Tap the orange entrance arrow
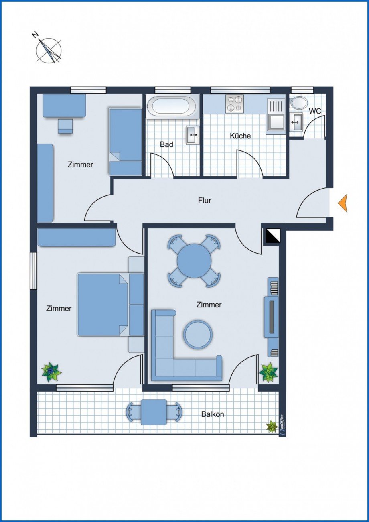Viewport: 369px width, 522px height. click(343, 203)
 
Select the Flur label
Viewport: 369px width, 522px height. click(205, 201)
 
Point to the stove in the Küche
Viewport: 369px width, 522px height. click(235, 104)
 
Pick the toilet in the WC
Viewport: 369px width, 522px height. click(299, 102)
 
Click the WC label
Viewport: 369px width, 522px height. click(315, 111)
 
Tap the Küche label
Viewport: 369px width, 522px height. click(240, 136)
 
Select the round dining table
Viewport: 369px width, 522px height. click(194, 261)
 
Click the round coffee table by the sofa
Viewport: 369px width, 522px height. click(198, 334)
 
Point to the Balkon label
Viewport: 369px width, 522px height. click(213, 414)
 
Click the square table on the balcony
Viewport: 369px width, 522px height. click(154, 412)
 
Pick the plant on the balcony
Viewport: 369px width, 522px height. click(272, 427)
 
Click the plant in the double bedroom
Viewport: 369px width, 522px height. click(51, 372)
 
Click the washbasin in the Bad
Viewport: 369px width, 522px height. click(193, 135)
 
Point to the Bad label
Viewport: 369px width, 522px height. click(166, 144)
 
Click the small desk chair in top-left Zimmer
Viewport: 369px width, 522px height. click(65, 126)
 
